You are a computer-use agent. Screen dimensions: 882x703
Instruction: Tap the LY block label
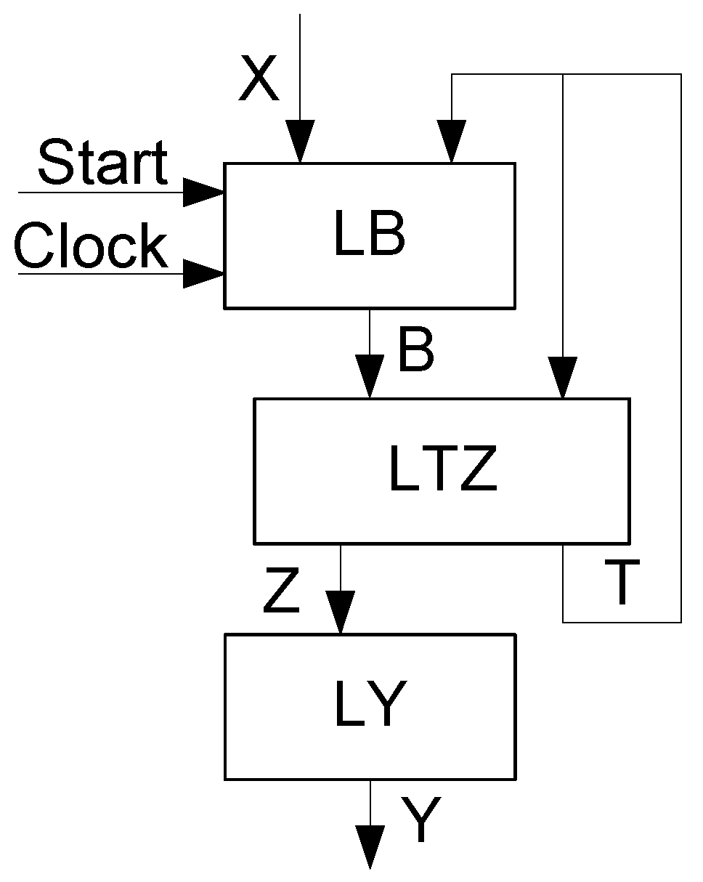(369, 706)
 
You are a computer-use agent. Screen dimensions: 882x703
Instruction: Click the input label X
(259, 80)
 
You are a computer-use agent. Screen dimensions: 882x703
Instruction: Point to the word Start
(102, 163)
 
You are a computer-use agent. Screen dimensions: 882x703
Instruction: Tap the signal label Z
(282, 593)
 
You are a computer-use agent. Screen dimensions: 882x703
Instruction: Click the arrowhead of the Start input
(203, 193)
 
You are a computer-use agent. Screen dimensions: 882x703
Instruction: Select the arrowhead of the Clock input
(203, 274)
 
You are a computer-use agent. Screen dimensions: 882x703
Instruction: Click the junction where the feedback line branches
(562, 74)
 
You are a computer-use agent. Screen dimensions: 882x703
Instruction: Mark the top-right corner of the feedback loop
(680, 74)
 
